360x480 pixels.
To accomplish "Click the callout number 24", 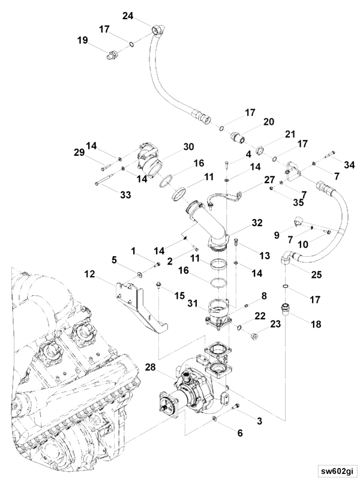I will pos(127,16).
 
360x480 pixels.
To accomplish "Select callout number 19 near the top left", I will pos(83,40).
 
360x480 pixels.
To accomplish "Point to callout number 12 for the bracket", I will pos(90,274).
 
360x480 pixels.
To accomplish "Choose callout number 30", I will pos(188,146).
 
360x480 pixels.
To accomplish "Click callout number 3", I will pos(259,421).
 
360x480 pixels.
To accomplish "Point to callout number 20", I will pos(269,122).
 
